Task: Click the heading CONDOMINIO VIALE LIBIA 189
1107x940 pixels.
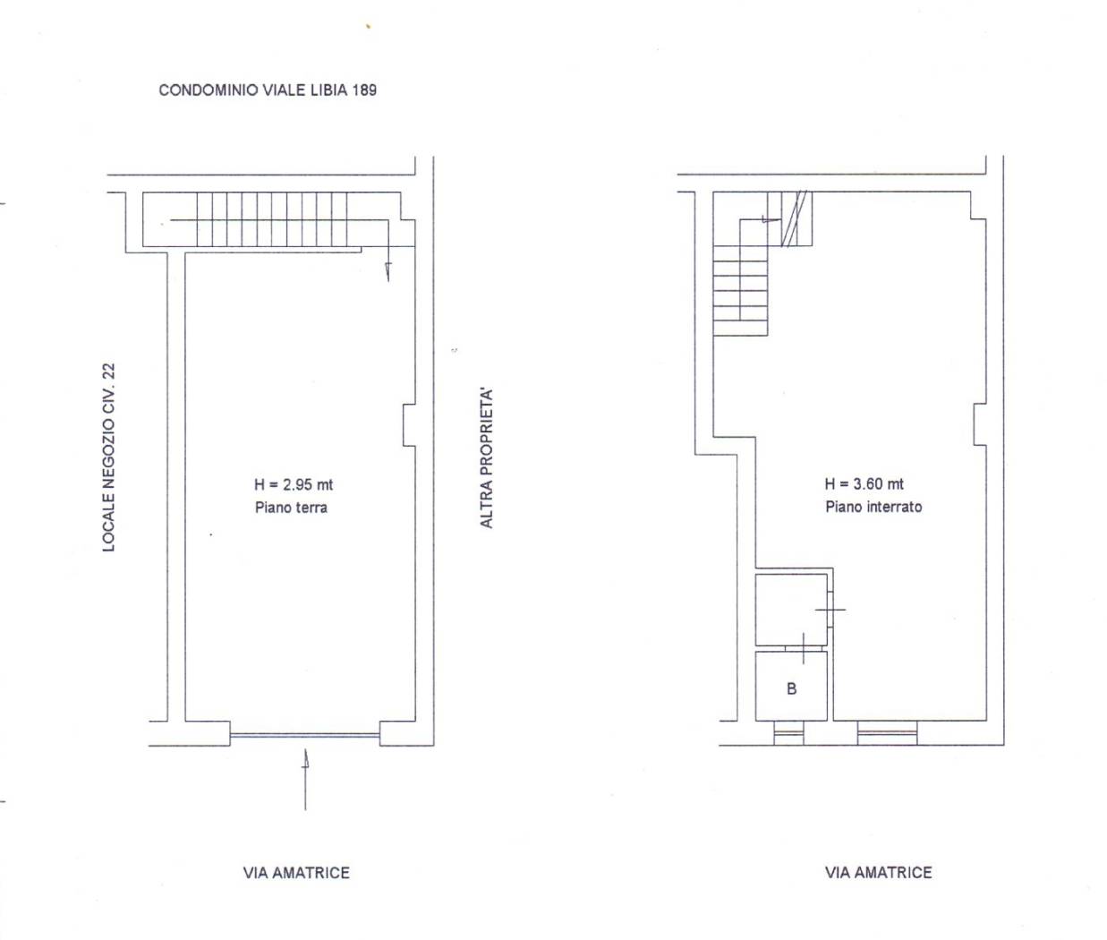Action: [x=268, y=90]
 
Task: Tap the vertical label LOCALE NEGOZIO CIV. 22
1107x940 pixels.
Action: [x=109, y=457]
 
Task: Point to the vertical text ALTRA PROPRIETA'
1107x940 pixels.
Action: [x=486, y=458]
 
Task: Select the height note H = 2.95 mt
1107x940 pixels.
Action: [x=294, y=485]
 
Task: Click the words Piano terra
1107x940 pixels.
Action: [x=292, y=508]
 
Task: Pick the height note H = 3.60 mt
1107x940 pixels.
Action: [x=864, y=484]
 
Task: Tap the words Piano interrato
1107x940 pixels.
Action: [x=874, y=507]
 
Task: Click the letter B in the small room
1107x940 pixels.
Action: [x=792, y=688]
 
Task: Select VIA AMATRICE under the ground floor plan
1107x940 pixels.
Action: [x=296, y=873]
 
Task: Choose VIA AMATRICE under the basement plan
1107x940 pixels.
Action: [x=878, y=873]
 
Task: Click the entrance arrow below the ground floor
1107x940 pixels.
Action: [x=305, y=779]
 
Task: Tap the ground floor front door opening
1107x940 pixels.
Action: [x=305, y=736]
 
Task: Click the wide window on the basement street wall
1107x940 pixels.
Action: [x=887, y=733]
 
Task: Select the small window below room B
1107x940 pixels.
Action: [x=789, y=733]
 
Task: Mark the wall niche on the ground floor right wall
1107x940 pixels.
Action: [x=409, y=425]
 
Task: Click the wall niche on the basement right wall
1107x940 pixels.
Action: [x=980, y=425]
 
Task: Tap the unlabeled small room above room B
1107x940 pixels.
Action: [x=791, y=610]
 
